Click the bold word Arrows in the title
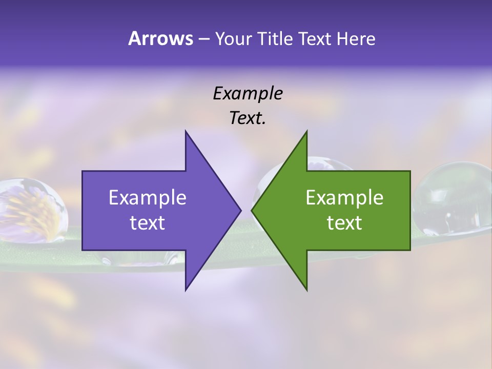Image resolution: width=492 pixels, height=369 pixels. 160,38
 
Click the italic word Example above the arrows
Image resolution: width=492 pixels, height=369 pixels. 248,93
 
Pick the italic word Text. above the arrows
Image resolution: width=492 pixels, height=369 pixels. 248,118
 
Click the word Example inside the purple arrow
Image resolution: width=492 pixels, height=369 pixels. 148,198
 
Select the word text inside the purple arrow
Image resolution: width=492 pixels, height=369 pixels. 148,223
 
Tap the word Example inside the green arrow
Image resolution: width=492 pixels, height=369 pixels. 344,198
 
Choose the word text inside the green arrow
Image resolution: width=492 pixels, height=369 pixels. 344,223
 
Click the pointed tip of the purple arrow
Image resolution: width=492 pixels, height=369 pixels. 240,210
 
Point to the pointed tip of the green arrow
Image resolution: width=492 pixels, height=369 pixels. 252,210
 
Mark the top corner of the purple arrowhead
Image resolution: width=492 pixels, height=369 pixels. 186,132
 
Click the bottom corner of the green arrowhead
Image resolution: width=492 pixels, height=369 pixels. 306,290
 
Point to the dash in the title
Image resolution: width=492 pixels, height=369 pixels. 203,39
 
